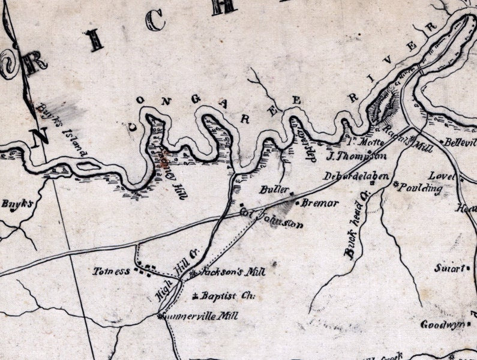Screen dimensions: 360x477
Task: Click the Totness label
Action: pos(111,271)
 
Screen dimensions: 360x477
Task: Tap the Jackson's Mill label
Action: pos(227,271)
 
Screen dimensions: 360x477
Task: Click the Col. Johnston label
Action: pos(270,218)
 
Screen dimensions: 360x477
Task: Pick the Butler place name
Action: pos(271,190)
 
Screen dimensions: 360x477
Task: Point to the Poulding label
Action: pos(422,188)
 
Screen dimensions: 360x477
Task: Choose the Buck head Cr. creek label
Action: pos(355,224)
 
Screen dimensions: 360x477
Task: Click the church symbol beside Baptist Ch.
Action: pos(196,296)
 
